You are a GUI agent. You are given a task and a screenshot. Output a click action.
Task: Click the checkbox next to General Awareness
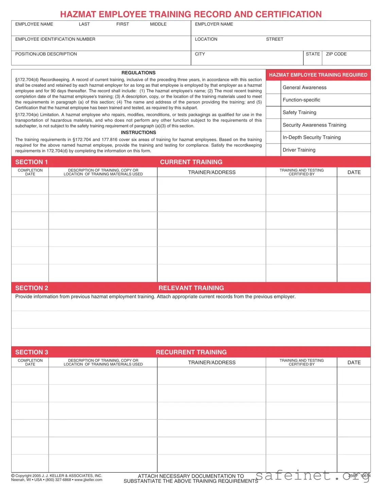[x=273, y=88]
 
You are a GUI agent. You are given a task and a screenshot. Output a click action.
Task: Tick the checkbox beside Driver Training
[x=273, y=150]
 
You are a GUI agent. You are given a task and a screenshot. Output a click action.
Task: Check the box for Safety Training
[x=273, y=113]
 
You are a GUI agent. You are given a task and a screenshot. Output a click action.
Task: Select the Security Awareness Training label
[x=314, y=125]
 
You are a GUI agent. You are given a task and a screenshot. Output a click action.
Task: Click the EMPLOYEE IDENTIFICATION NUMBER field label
[x=55, y=39]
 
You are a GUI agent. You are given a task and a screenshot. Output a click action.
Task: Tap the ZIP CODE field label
[x=336, y=54]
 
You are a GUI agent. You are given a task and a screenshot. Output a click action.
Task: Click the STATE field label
[x=313, y=54]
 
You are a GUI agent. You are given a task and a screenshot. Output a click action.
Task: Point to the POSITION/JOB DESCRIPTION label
[x=46, y=54]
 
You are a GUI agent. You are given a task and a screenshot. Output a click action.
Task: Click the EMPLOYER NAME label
[x=214, y=24]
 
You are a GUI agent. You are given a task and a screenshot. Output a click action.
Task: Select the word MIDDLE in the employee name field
[x=158, y=24]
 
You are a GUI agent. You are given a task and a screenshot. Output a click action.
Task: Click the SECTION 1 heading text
[x=31, y=162]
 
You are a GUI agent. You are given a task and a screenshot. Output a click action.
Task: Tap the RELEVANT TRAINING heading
[x=191, y=288]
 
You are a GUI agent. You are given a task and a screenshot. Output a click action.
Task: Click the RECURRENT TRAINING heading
[x=191, y=352]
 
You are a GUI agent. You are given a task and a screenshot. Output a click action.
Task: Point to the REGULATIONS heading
[x=138, y=73]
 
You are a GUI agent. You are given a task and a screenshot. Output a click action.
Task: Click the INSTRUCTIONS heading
[x=138, y=132]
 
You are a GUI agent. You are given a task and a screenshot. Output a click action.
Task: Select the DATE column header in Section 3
[x=354, y=363]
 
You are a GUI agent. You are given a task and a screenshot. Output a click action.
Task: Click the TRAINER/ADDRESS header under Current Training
[x=212, y=172]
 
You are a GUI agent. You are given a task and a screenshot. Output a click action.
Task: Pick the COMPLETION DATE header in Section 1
[x=30, y=172]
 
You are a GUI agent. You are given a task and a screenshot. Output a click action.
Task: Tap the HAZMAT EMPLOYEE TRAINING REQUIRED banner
[x=318, y=75]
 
